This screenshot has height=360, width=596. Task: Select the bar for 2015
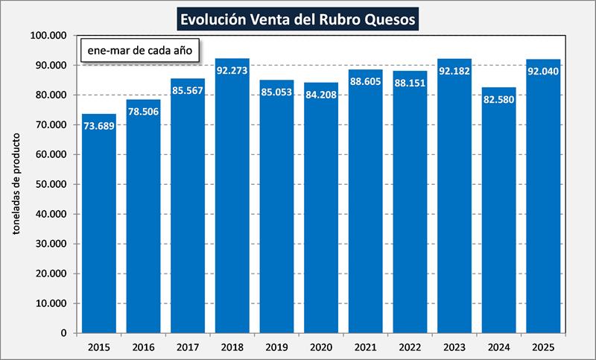pyautogui.click(x=99, y=224)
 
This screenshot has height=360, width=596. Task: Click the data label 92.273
pyautogui.click(x=232, y=72)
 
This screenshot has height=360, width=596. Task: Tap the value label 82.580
pyautogui.click(x=499, y=100)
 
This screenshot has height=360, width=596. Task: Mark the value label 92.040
pyautogui.click(x=544, y=72)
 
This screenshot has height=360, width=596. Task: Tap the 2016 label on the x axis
pyautogui.click(x=143, y=347)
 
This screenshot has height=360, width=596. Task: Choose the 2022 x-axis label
pyautogui.click(x=410, y=347)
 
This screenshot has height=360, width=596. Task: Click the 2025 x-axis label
pyautogui.click(x=544, y=347)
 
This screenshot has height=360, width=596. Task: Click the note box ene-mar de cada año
pyautogui.click(x=136, y=52)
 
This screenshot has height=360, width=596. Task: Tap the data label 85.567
pyautogui.click(x=188, y=91)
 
